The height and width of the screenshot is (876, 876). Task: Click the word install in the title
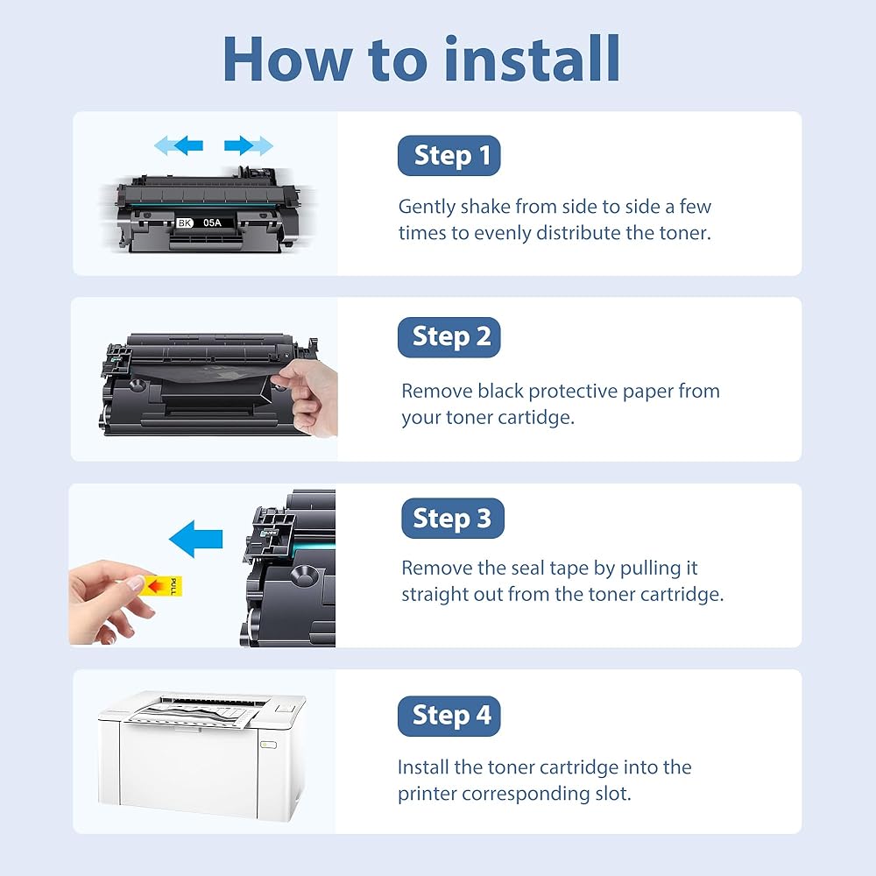pyautogui.click(x=532, y=59)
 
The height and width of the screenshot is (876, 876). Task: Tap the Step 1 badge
pyautogui.click(x=449, y=155)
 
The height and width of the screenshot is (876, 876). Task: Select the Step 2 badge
pyautogui.click(x=449, y=337)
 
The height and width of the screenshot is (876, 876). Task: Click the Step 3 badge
pyautogui.click(x=453, y=519)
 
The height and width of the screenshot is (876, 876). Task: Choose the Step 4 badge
pyautogui.click(x=449, y=716)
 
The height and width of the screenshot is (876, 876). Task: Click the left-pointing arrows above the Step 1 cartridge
pyautogui.click(x=179, y=145)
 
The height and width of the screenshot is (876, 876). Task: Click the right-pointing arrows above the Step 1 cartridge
pyautogui.click(x=249, y=145)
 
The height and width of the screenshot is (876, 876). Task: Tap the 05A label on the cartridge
pyautogui.click(x=212, y=223)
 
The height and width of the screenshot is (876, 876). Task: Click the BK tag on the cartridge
pyautogui.click(x=184, y=223)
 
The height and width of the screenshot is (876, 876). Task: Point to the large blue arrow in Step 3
pyautogui.click(x=195, y=539)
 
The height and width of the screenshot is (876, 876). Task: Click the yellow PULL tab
pyautogui.click(x=163, y=586)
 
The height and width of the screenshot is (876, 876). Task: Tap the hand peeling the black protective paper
pyautogui.click(x=308, y=396)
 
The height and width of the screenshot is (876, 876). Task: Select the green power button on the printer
pyautogui.click(x=268, y=744)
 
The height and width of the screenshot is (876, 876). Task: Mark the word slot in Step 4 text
pyautogui.click(x=613, y=794)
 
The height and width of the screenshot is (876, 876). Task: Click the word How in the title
pyautogui.click(x=287, y=60)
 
